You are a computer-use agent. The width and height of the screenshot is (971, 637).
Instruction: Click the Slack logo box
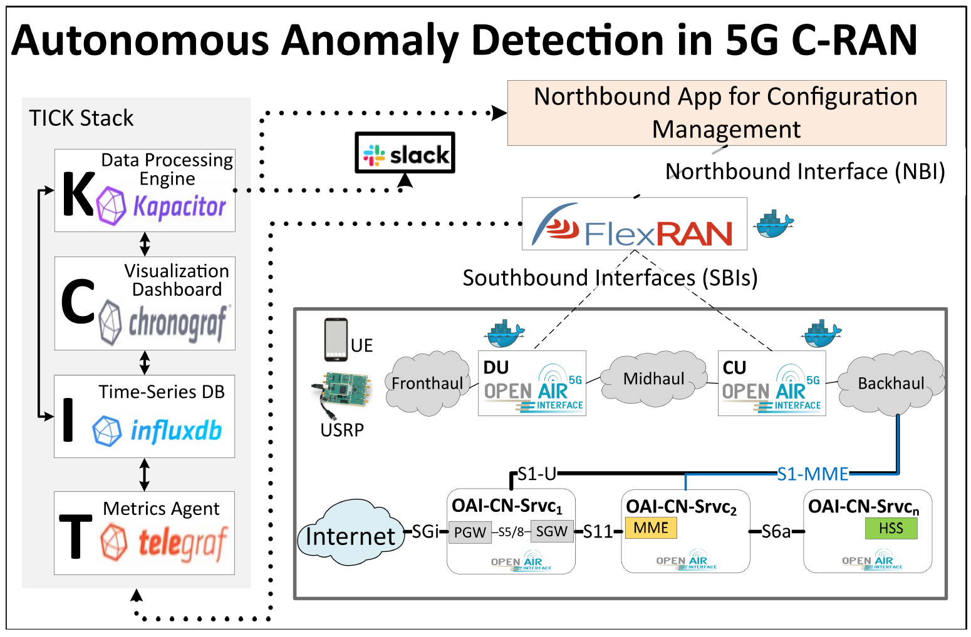405,153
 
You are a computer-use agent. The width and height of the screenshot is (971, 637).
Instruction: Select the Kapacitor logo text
179,206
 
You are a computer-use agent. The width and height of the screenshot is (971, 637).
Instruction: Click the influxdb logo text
176,431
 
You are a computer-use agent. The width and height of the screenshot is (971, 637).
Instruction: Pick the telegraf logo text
182,543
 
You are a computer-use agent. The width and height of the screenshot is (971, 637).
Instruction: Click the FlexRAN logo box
634,224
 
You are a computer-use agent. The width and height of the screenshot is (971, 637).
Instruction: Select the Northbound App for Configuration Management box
726,113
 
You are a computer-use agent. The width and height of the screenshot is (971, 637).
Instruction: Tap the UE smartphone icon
336,340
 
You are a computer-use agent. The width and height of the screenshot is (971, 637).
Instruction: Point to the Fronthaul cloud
427,383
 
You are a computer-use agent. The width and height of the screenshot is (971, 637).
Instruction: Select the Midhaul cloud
653,379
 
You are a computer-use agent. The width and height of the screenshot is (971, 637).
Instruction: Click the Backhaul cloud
891,383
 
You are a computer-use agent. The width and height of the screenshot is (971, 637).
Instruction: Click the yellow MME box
651,528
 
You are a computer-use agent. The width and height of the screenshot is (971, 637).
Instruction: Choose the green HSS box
891,529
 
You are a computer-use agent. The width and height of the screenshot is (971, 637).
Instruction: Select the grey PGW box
469,532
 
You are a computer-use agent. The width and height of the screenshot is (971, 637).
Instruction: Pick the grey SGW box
552,531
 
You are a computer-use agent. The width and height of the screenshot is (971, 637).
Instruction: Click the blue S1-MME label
813,474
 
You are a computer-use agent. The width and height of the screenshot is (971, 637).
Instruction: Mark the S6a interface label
776,532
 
